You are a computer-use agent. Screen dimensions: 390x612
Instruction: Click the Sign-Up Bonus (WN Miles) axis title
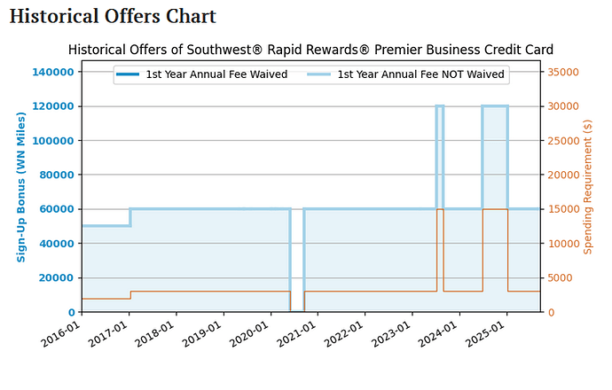coord(21,188)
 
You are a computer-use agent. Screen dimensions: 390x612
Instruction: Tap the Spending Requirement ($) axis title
coord(587,188)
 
